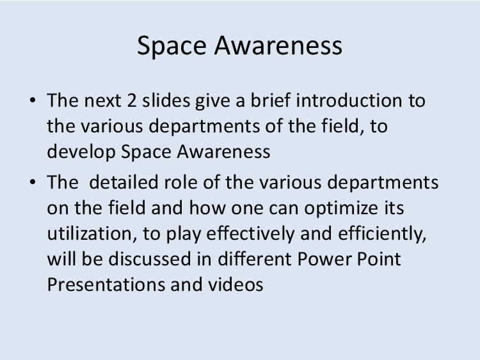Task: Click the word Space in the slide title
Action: pyautogui.click(x=172, y=46)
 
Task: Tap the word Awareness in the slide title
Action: pyautogui.click(x=278, y=45)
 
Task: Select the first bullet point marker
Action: pyautogui.click(x=33, y=100)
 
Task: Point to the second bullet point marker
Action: pyautogui.click(x=33, y=182)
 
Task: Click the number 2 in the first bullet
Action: pyautogui.click(x=132, y=100)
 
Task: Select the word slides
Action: pyautogui.click(x=166, y=100)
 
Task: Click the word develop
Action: pyautogui.click(x=81, y=152)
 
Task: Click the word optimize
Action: pyautogui.click(x=341, y=208)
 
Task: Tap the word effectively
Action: pyautogui.click(x=250, y=234)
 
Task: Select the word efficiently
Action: pyautogui.click(x=382, y=234)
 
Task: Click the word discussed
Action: pyautogui.click(x=150, y=259)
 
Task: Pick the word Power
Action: pyautogui.click(x=324, y=259)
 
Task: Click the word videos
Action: pyautogui.click(x=236, y=285)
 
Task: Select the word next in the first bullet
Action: pyautogui.click(x=102, y=100)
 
